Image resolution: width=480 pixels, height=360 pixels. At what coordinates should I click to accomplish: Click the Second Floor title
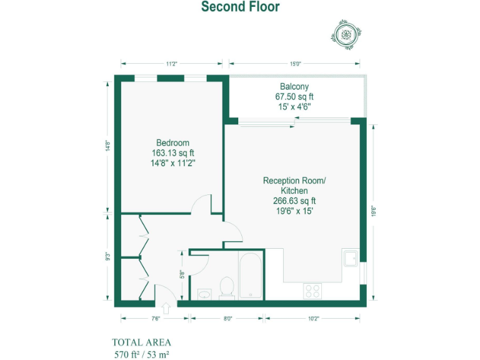[240, 7]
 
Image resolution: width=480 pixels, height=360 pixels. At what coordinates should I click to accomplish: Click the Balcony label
[294, 86]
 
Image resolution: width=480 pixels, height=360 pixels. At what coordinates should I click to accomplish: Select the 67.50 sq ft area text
[294, 97]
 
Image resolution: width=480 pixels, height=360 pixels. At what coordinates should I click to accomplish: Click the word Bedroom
[172, 142]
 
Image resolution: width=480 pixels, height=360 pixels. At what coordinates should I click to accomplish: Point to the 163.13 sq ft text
[172, 152]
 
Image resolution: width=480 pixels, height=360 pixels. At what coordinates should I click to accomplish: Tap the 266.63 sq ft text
[294, 201]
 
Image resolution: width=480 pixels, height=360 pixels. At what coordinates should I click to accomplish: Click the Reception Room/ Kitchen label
[294, 186]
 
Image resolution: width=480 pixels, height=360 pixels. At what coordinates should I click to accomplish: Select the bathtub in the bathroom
[251, 275]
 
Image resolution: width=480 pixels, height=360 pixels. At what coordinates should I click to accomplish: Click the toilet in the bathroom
[226, 286]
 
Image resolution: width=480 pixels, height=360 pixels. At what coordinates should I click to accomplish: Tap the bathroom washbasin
[204, 292]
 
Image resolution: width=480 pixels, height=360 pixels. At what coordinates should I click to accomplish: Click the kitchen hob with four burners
[312, 291]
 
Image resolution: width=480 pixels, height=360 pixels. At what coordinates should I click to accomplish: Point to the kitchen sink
[349, 257]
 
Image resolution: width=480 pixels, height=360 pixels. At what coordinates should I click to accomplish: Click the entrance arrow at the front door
[166, 308]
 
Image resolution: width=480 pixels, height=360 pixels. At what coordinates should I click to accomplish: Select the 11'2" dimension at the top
[172, 63]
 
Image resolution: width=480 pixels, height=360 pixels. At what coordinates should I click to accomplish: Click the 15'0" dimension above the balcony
[294, 63]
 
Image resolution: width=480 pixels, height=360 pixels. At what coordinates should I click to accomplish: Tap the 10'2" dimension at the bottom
[313, 318]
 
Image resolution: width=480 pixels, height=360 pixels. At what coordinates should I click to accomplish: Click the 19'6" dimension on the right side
[373, 212]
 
